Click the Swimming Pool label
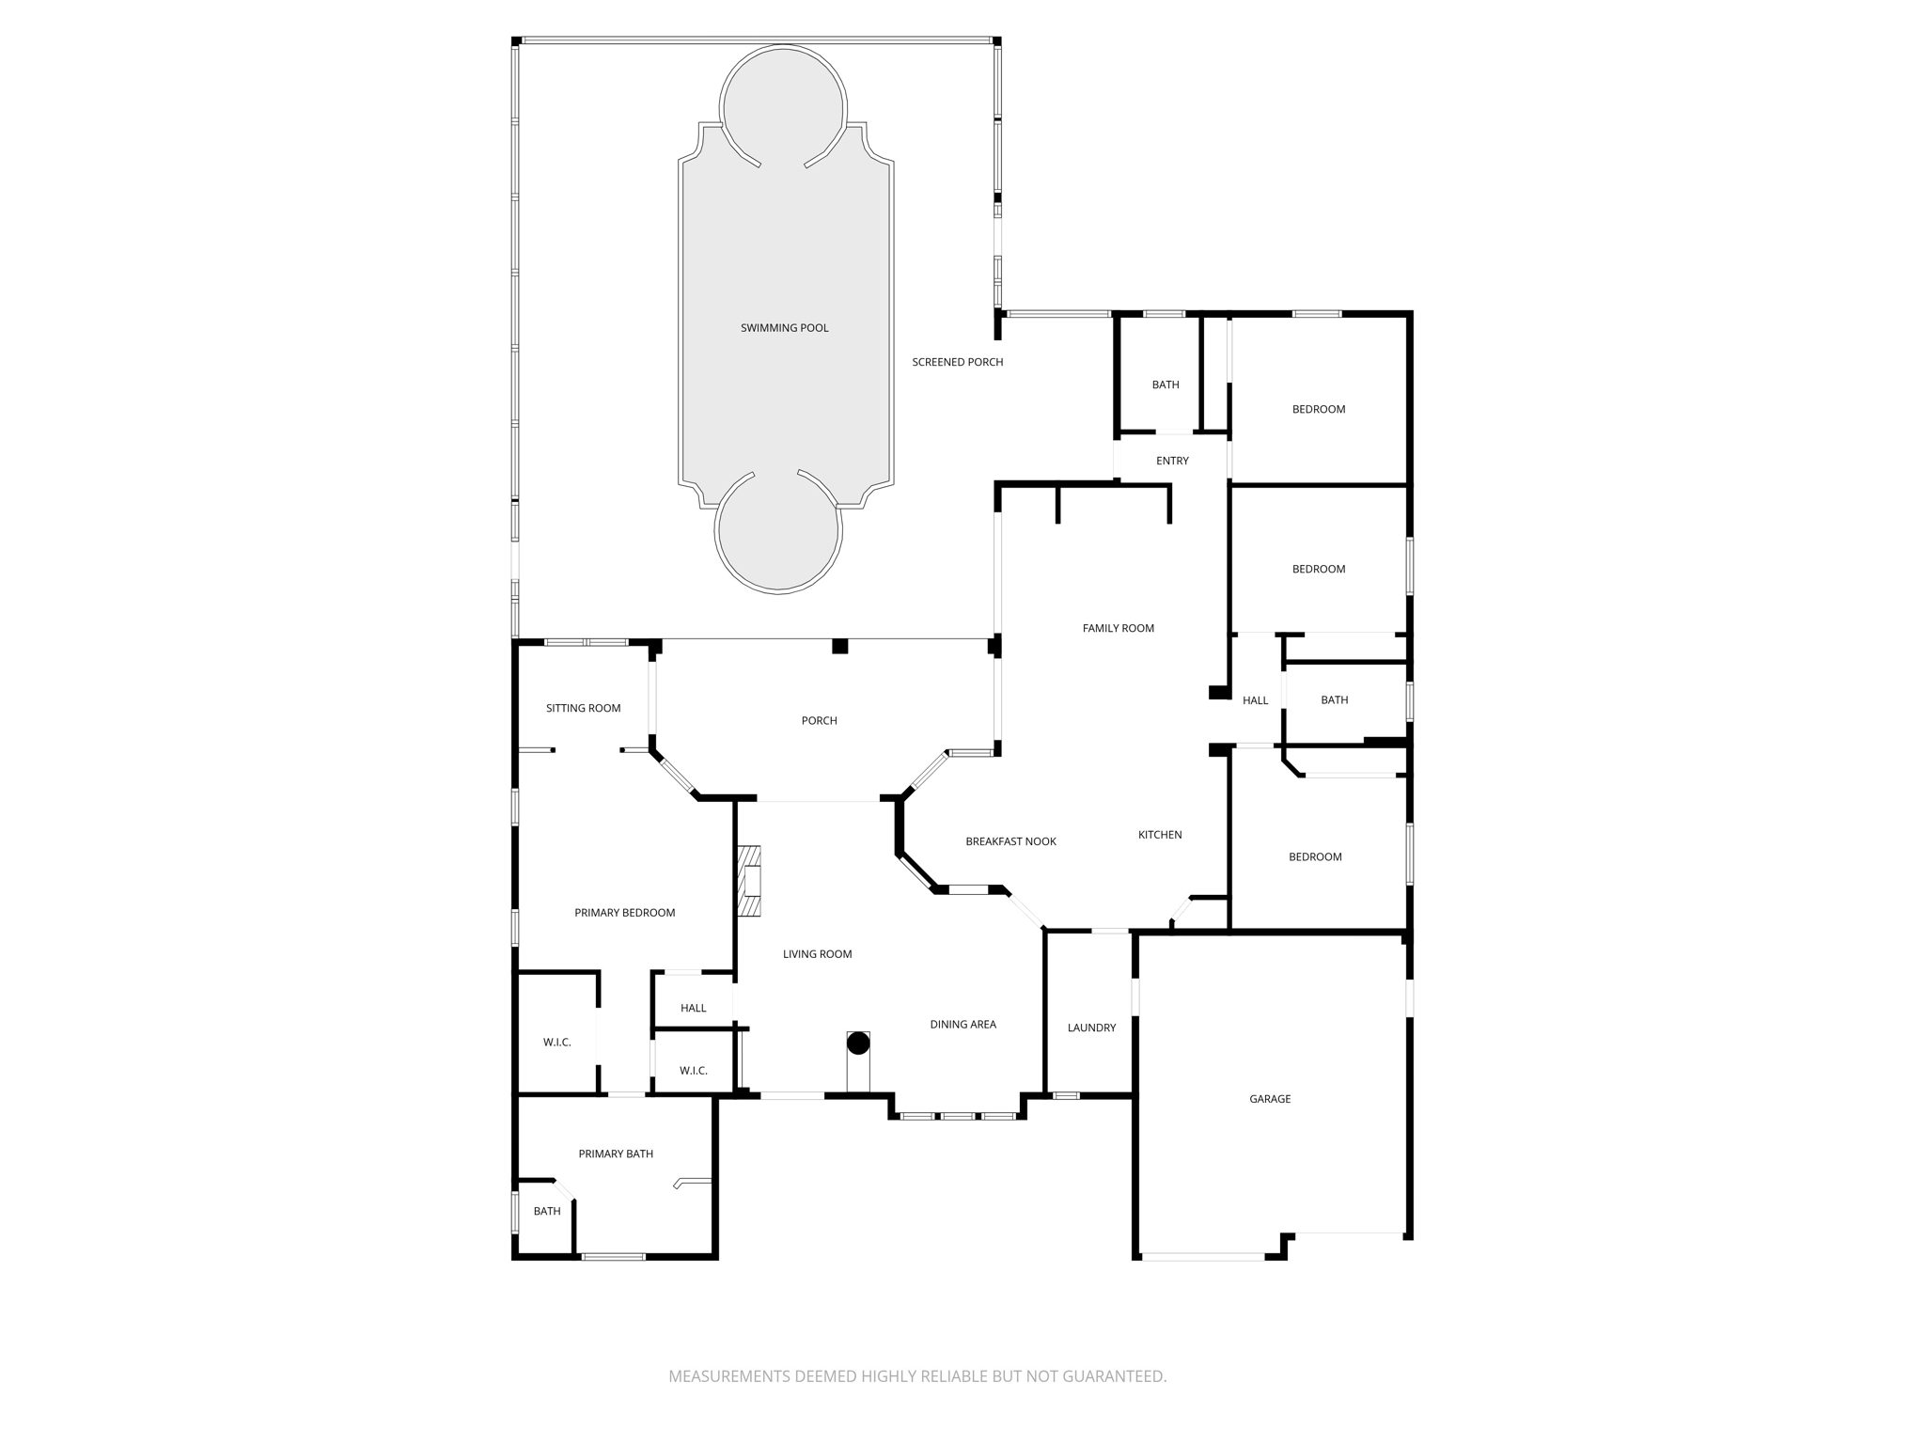(x=784, y=328)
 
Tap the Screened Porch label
(x=957, y=362)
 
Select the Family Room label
(x=1118, y=628)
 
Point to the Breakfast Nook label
(x=1010, y=841)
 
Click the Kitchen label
(x=1160, y=835)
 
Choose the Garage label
(x=1270, y=1099)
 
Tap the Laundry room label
(x=1091, y=1028)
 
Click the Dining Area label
(x=962, y=1025)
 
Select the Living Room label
(x=817, y=954)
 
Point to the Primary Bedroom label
(x=624, y=913)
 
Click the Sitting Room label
(x=583, y=708)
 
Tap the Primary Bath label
(x=616, y=1154)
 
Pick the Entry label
(x=1172, y=461)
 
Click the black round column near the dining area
(x=858, y=1043)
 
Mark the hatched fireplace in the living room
(x=748, y=881)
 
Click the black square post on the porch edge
(x=840, y=646)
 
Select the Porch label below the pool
(x=819, y=721)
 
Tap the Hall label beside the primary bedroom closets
(x=693, y=1008)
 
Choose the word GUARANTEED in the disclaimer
(x=1114, y=1376)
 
